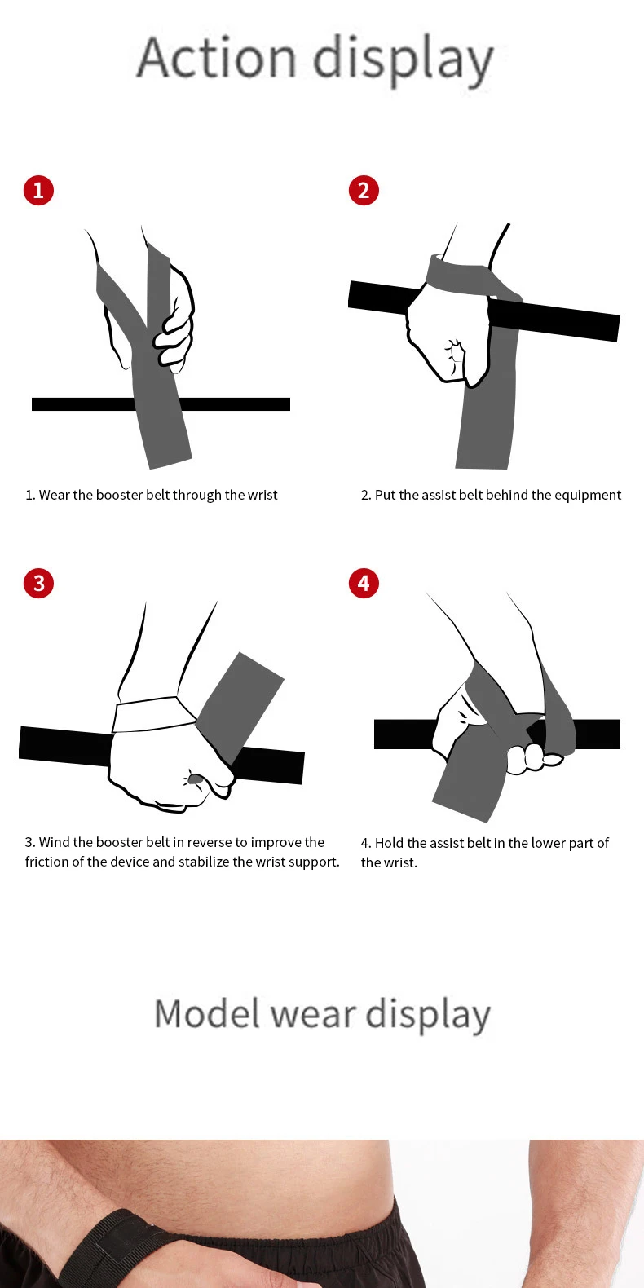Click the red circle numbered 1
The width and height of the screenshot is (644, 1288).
(x=38, y=191)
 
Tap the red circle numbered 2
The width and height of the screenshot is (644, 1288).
(x=364, y=191)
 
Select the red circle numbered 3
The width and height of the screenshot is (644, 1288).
(x=38, y=584)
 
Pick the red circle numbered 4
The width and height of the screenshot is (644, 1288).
(x=364, y=584)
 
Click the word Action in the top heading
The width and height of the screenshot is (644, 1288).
(x=216, y=59)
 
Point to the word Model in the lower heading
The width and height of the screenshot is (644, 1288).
(x=208, y=1015)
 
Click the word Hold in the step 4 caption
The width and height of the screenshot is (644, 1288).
(x=389, y=843)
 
